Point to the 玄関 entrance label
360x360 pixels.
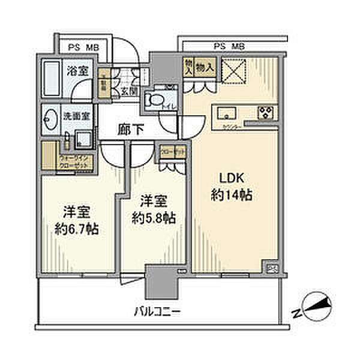click(x=127, y=91)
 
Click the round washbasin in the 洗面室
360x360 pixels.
click(x=50, y=119)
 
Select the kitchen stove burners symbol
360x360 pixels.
click(x=266, y=112)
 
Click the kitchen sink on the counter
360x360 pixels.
click(x=227, y=113)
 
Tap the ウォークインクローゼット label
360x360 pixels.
click(x=73, y=161)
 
